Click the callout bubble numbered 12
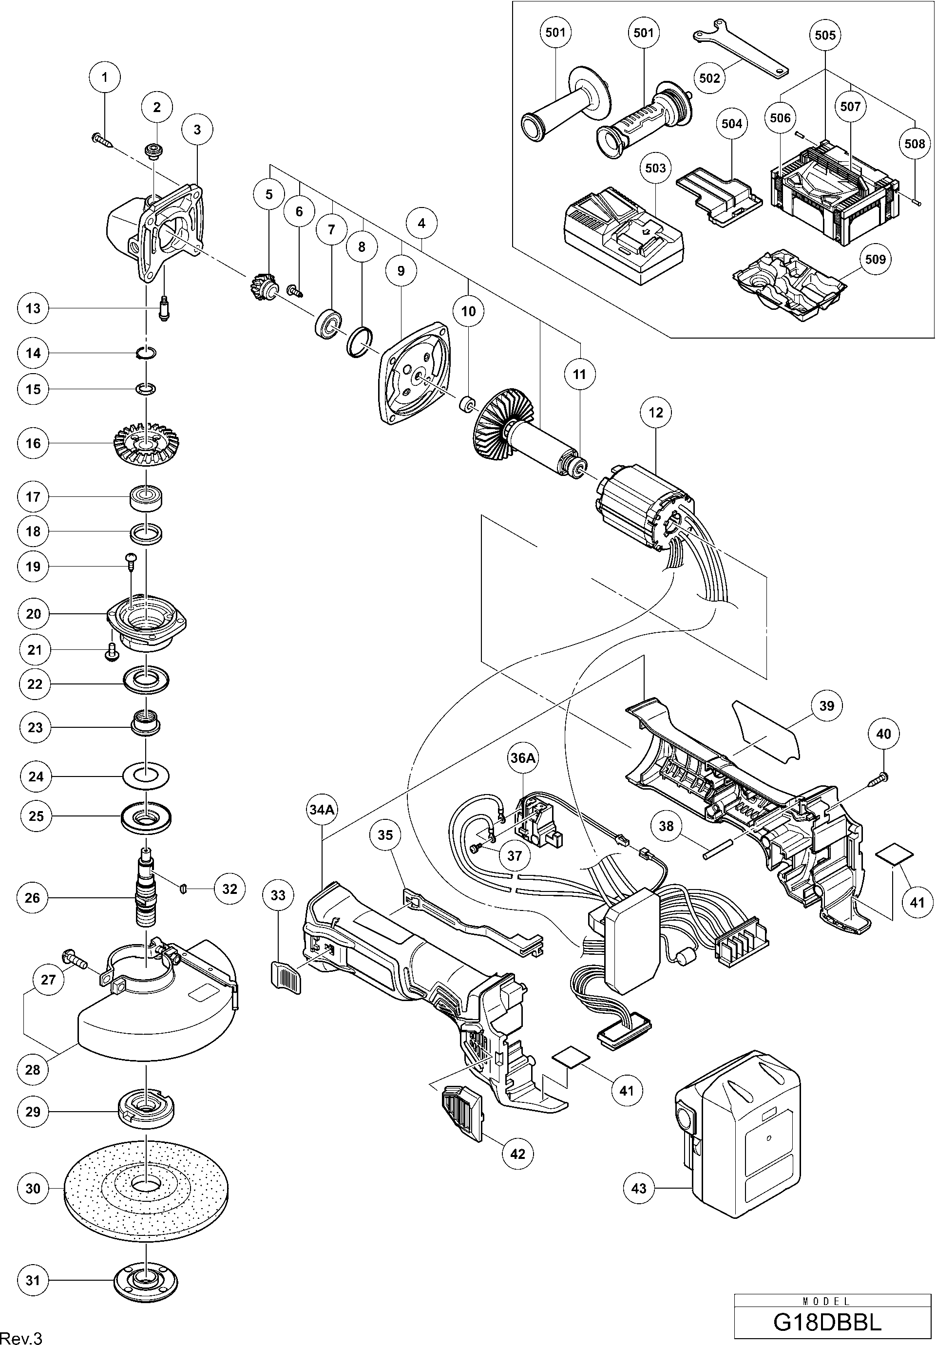click(x=655, y=413)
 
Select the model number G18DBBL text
click(x=832, y=1322)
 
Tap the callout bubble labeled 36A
click(x=522, y=758)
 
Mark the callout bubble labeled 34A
click(x=322, y=809)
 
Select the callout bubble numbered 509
click(x=875, y=259)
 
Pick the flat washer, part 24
click(x=147, y=776)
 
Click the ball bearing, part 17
click(x=145, y=498)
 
